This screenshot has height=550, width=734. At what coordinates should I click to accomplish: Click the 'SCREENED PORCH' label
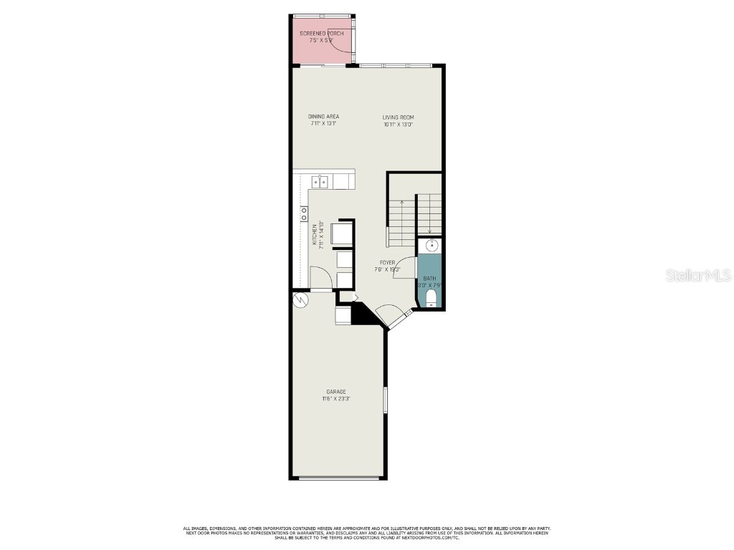[x=321, y=34]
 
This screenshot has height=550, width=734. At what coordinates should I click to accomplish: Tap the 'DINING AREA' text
[x=323, y=117]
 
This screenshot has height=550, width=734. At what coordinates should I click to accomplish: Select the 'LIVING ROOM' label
[x=398, y=117]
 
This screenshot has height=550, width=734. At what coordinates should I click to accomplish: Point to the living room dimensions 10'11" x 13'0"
[x=398, y=125]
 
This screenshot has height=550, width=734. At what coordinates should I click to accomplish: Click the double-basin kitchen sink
[x=320, y=182]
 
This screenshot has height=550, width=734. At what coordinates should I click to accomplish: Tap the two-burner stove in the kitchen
[x=304, y=213]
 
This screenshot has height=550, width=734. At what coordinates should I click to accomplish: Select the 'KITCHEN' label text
[x=314, y=236]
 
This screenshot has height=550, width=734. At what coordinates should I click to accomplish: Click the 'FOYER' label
[x=388, y=263]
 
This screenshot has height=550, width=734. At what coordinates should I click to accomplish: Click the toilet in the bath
[x=431, y=298]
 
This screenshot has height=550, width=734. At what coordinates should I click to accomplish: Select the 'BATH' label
[x=429, y=278]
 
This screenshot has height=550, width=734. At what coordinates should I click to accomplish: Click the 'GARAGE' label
[x=336, y=392]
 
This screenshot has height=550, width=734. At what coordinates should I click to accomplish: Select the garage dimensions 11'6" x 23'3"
[x=336, y=399]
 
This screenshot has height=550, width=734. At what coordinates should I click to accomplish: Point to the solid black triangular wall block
[x=358, y=313]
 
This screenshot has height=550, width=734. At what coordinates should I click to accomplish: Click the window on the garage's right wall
[x=385, y=400]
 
